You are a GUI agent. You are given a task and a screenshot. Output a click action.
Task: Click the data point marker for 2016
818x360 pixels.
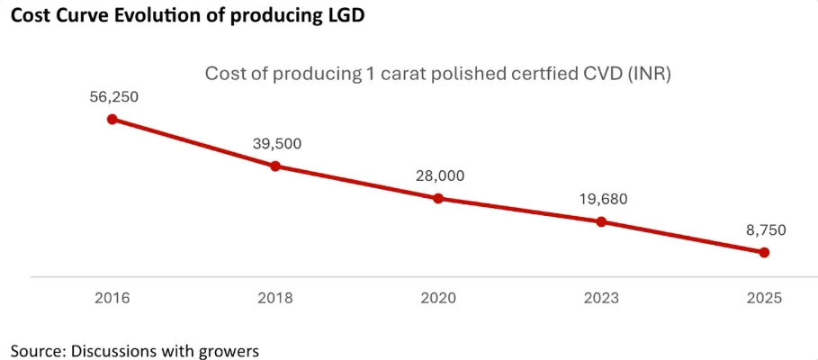point(112,119)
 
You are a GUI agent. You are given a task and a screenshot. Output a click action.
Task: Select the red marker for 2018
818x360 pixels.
point(275,166)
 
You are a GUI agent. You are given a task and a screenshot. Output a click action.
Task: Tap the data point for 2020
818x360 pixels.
point(438,198)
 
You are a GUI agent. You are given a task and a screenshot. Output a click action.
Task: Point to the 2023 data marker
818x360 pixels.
point(601,221)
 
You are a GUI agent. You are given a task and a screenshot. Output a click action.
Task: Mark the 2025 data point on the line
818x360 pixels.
point(764,253)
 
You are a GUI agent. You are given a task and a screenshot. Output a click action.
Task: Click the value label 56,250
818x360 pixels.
point(112,95)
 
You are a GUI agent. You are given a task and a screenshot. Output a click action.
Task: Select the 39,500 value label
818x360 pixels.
point(275,142)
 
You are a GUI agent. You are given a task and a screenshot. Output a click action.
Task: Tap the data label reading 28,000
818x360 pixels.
point(438,175)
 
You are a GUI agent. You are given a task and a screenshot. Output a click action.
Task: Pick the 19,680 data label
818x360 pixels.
point(601,198)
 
